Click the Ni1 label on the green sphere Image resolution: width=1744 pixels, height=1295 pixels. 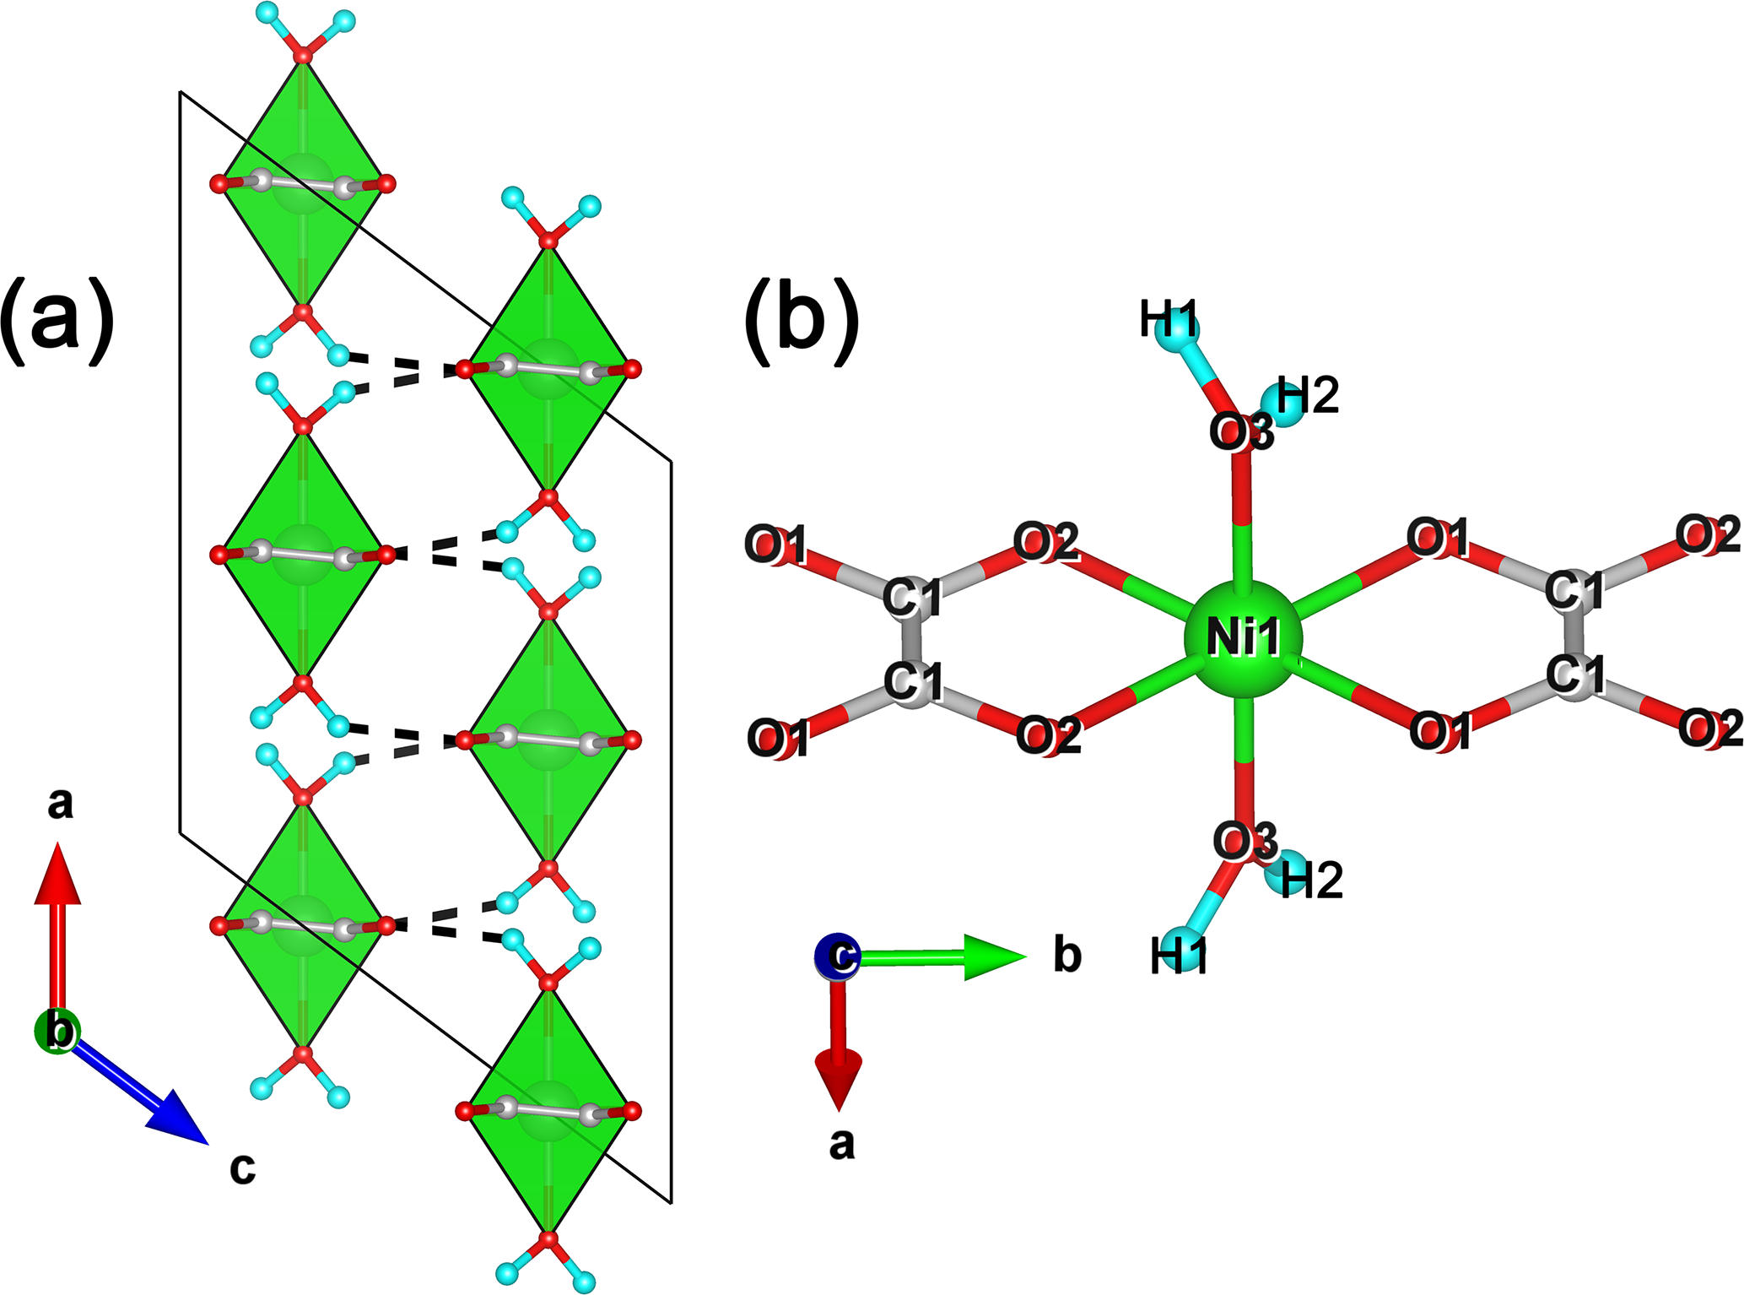tap(1243, 637)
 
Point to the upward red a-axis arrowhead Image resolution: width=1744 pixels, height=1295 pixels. tap(57, 874)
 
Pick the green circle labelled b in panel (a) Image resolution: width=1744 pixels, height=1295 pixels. tap(57, 1031)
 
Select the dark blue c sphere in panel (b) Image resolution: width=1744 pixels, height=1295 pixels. tap(838, 957)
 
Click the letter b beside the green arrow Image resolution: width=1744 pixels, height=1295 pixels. tap(1067, 956)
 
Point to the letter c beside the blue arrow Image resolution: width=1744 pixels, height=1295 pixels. tap(242, 1168)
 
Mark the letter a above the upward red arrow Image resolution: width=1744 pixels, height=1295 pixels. tap(60, 804)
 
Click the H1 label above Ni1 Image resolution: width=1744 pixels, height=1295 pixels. tap(1169, 322)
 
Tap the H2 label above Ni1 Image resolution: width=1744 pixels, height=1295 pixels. tap(1308, 396)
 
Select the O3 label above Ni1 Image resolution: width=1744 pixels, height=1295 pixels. tap(1241, 433)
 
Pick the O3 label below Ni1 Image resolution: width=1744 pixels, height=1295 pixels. tap(1245, 842)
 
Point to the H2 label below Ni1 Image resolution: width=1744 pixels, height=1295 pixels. tap(1311, 880)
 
